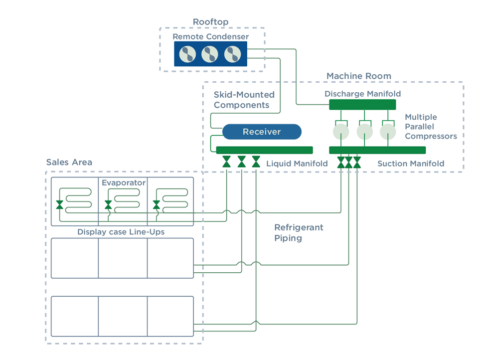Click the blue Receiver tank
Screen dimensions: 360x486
point(262,132)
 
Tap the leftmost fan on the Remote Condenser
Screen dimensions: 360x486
point(187,54)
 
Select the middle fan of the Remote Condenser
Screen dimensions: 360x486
point(210,54)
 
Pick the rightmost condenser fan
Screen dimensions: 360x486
point(233,54)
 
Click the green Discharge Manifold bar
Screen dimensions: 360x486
point(362,105)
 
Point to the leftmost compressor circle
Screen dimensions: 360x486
point(341,132)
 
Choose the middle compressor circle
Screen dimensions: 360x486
point(364,132)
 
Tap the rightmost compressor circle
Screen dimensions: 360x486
point(387,132)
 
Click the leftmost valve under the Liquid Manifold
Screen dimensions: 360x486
point(227,162)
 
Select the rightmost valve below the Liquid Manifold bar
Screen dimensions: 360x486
point(256,162)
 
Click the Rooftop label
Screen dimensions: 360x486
point(210,22)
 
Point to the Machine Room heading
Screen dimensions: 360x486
point(358,76)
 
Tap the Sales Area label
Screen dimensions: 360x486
point(69,163)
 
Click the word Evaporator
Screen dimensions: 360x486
point(124,182)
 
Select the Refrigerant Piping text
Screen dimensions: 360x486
point(299,233)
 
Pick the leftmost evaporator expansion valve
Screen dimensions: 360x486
point(60,204)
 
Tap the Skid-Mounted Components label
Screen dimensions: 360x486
point(244,100)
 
